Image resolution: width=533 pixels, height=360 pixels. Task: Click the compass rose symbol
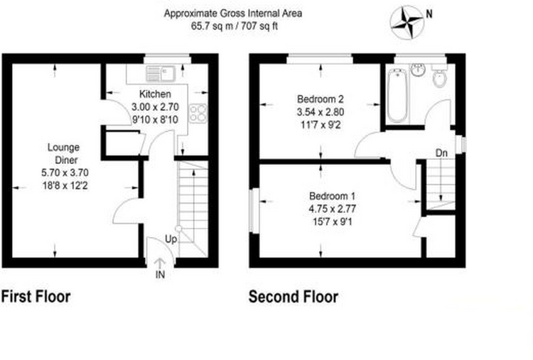(407, 22)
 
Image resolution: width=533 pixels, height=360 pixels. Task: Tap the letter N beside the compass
(429, 14)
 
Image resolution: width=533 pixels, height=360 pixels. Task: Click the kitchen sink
(161, 74)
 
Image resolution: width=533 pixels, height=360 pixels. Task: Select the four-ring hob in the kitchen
(198, 113)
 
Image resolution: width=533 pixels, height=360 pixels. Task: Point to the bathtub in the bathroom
(397, 95)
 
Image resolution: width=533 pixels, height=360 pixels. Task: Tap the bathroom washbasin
(418, 70)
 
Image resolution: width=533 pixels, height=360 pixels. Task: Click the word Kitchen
(155, 94)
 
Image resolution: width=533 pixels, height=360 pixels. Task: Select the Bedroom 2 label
(321, 99)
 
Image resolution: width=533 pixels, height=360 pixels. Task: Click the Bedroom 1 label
(332, 196)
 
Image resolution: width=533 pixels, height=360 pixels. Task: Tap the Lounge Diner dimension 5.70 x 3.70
(65, 173)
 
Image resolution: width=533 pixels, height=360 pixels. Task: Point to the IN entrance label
(160, 274)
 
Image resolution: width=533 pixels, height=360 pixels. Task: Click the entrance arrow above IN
(160, 263)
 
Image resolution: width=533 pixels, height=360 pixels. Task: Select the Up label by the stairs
(171, 239)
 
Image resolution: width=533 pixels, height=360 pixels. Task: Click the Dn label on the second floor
(441, 153)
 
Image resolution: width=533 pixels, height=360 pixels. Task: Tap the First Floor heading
(36, 297)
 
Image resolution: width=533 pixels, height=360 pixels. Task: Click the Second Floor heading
(294, 297)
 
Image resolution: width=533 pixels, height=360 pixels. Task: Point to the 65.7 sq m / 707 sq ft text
(235, 26)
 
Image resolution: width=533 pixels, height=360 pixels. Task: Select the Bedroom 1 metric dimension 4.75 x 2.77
(332, 209)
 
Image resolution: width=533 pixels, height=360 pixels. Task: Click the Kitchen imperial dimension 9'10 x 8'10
(155, 119)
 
